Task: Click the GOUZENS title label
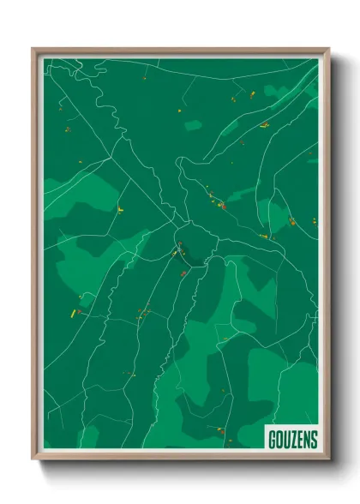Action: [292, 440]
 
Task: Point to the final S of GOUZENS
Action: [314, 440]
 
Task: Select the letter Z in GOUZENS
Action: [293, 440]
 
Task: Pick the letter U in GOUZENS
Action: [286, 440]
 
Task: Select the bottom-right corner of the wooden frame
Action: [328, 460]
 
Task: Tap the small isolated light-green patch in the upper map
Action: [194, 126]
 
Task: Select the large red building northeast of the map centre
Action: [222, 206]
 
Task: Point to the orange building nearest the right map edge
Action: [292, 223]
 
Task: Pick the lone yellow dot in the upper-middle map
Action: [179, 111]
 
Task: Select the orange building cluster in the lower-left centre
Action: [144, 312]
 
